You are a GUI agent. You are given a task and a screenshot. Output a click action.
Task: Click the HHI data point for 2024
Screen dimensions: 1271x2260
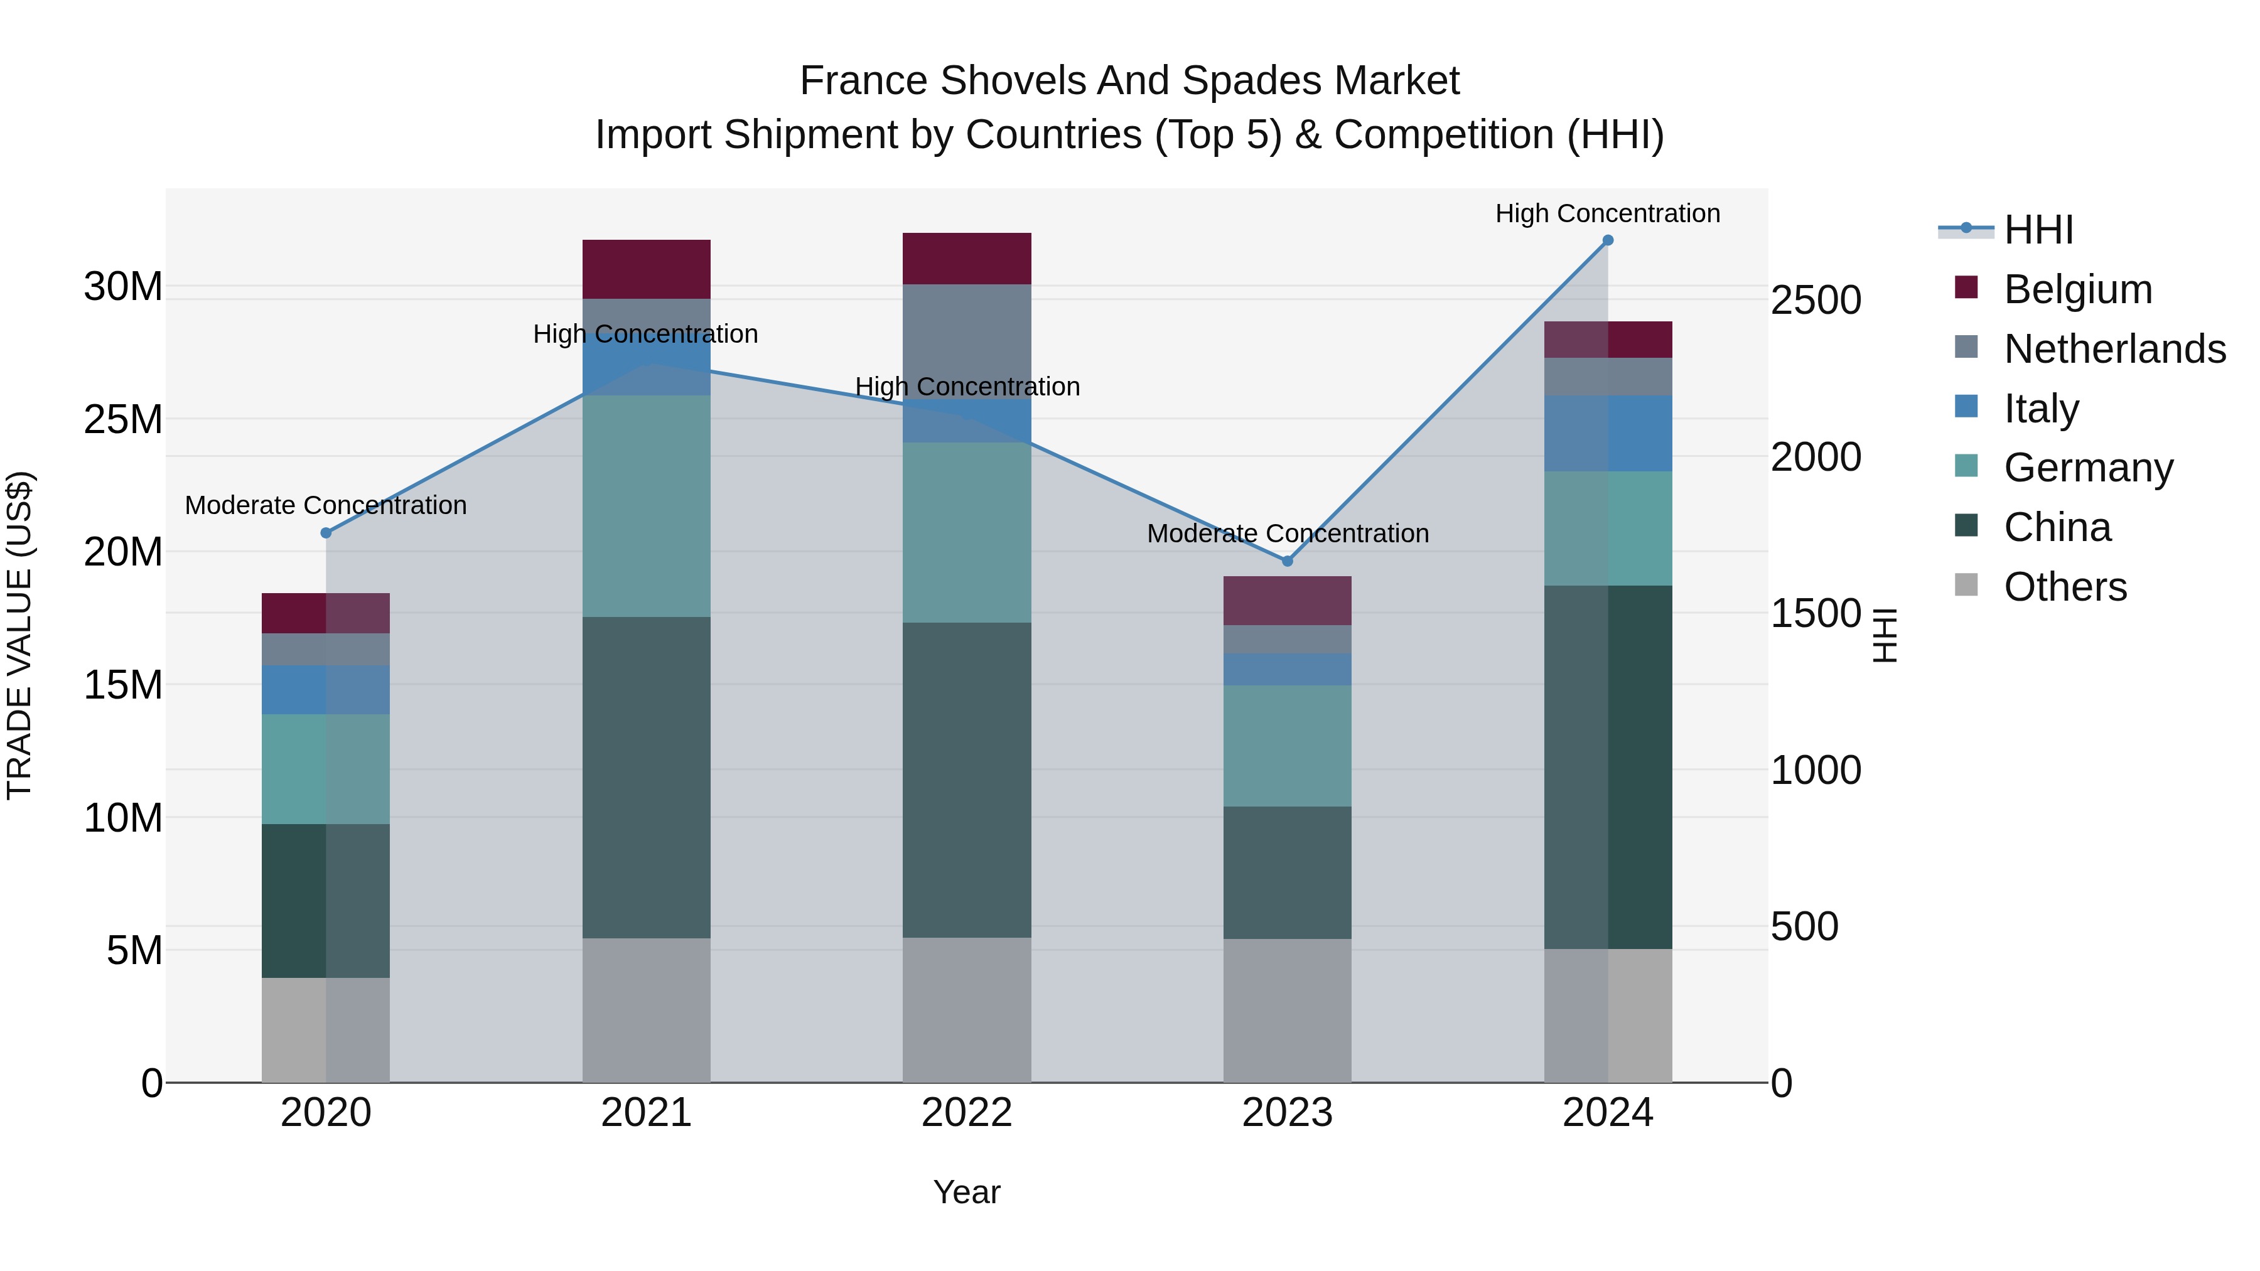(1607, 240)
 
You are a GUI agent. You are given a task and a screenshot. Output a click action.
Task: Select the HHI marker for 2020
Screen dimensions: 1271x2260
(326, 532)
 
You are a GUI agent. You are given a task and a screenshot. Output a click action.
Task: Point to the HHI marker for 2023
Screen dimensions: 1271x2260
(1287, 561)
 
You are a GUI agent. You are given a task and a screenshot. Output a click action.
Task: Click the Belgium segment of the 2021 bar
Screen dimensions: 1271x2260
(646, 269)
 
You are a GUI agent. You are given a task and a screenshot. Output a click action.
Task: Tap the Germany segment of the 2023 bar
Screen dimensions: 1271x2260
(1287, 746)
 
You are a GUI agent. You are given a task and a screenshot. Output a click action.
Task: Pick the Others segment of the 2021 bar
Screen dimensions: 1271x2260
(646, 1011)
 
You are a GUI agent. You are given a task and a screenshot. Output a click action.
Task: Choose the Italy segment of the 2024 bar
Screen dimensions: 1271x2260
(1607, 433)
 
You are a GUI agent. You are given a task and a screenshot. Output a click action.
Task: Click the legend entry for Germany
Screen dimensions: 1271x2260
(2088, 468)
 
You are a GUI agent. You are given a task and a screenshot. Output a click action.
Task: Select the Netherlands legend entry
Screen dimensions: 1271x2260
(2114, 348)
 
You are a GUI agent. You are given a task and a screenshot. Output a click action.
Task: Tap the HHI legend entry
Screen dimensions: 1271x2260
(2038, 230)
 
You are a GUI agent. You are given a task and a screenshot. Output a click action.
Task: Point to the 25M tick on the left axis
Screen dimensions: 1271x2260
(123, 420)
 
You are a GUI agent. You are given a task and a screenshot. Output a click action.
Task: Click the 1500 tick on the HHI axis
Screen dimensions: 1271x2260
(1815, 613)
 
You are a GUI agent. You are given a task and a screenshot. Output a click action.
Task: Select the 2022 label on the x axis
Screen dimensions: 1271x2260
(967, 1113)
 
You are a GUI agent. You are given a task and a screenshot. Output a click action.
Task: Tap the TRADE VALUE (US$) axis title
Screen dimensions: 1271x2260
(20, 635)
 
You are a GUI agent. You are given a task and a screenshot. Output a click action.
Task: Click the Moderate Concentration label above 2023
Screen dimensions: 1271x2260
(1287, 534)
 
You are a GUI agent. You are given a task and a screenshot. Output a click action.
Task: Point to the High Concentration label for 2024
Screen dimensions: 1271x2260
(1607, 213)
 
